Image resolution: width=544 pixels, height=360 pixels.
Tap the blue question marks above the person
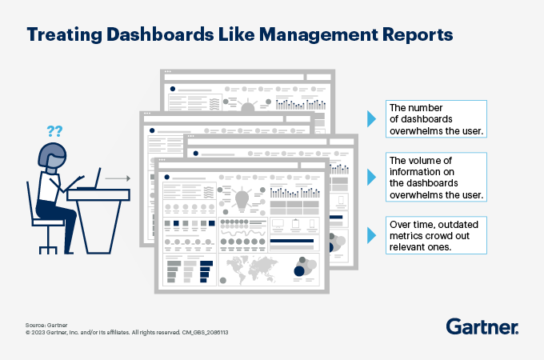tap(54, 130)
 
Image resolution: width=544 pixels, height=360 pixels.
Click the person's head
tap(53, 158)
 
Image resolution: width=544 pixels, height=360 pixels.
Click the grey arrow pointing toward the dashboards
tap(118, 178)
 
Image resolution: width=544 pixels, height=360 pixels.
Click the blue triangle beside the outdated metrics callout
tap(371, 234)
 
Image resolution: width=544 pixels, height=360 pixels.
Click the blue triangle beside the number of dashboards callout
tap(371, 119)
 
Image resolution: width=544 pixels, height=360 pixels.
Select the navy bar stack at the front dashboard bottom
tap(206, 271)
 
